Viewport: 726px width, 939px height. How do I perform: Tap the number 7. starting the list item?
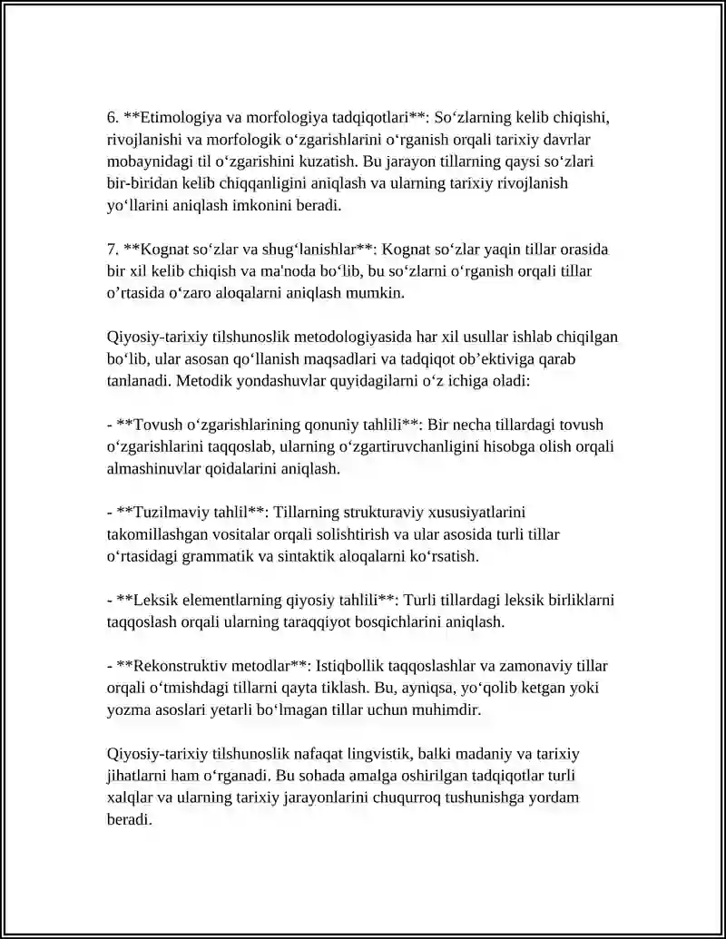[x=113, y=249]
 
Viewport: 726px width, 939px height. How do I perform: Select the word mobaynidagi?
[x=147, y=162]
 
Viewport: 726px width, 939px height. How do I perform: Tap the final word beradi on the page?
[x=127, y=819]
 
